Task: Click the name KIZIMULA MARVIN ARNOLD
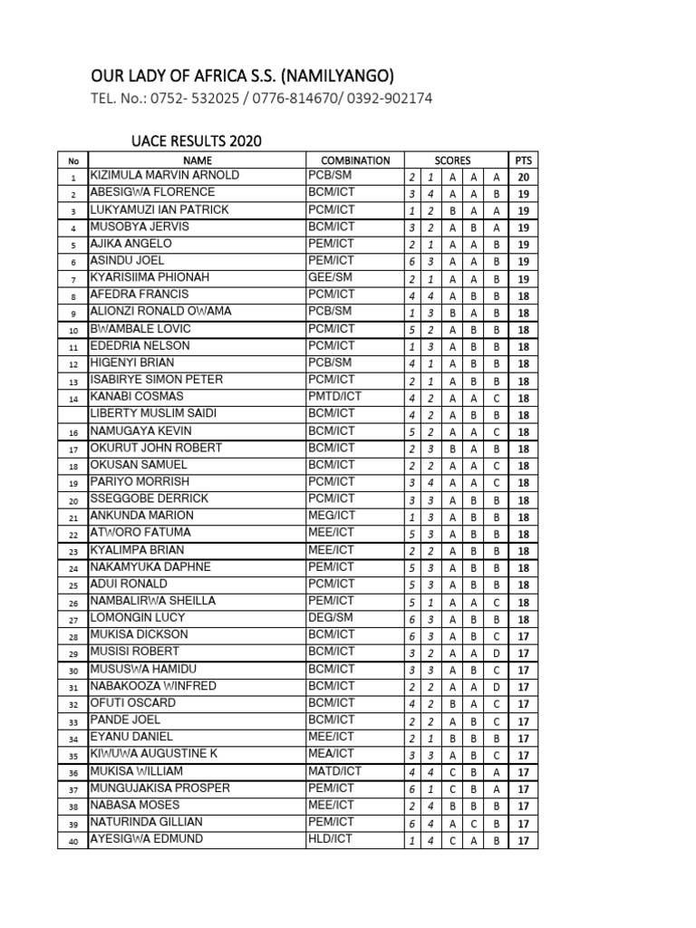[164, 175]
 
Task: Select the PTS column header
[524, 160]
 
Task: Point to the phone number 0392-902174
[384, 99]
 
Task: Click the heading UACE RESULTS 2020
[196, 141]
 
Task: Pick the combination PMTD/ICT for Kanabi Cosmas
[334, 396]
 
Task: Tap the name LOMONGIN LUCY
[138, 617]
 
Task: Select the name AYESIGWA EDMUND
[146, 839]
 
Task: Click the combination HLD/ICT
[330, 839]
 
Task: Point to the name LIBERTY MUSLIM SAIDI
[153, 413]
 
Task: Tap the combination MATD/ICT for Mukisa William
[334, 771]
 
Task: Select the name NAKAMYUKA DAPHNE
[150, 566]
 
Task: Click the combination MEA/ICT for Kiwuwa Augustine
[331, 754]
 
